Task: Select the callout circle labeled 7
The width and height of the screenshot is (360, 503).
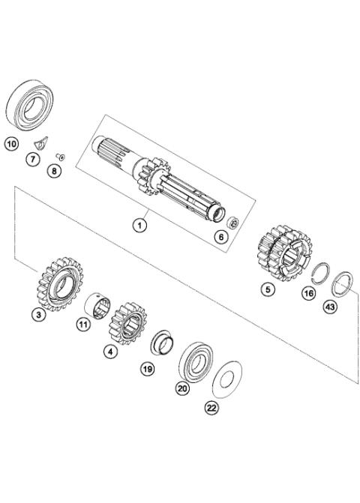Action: click(x=32, y=158)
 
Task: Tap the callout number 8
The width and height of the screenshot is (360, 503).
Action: click(x=52, y=171)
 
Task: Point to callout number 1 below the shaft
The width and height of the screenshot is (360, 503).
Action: click(x=139, y=223)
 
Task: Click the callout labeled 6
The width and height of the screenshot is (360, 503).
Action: click(x=220, y=237)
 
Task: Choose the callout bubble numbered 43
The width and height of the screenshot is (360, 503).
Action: click(x=328, y=307)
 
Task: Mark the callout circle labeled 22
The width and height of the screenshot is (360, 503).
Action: click(x=212, y=407)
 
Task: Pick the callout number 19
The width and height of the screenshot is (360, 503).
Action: click(x=147, y=368)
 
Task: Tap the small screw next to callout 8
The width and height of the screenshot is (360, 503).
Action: click(x=62, y=156)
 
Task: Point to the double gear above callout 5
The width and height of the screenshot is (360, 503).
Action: click(x=283, y=252)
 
